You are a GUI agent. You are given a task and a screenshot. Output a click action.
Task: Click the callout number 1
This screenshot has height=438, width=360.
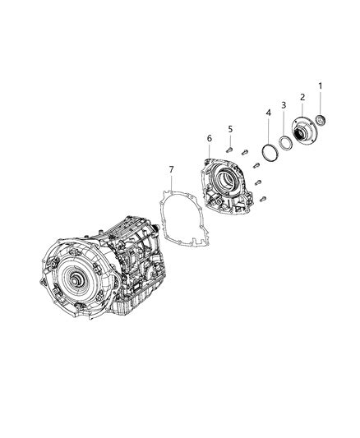click(321, 86)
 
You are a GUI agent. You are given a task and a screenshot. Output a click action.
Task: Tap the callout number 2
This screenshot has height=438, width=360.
click(302, 97)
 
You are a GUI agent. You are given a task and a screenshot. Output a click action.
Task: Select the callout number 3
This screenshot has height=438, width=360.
click(284, 106)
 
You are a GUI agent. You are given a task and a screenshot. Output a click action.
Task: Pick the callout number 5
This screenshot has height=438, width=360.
click(231, 129)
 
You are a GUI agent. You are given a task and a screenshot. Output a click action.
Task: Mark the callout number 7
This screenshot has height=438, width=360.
click(171, 169)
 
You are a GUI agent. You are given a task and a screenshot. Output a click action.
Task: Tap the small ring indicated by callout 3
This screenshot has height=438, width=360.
click(284, 142)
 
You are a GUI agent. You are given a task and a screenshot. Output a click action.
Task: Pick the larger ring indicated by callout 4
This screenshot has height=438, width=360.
click(267, 151)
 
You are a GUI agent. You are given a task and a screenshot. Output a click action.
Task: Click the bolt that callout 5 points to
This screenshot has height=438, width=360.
click(232, 150)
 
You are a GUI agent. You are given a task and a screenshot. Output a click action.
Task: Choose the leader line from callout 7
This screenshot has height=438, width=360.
click(171, 184)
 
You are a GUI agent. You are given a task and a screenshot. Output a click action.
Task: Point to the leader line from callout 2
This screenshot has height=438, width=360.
click(302, 111)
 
